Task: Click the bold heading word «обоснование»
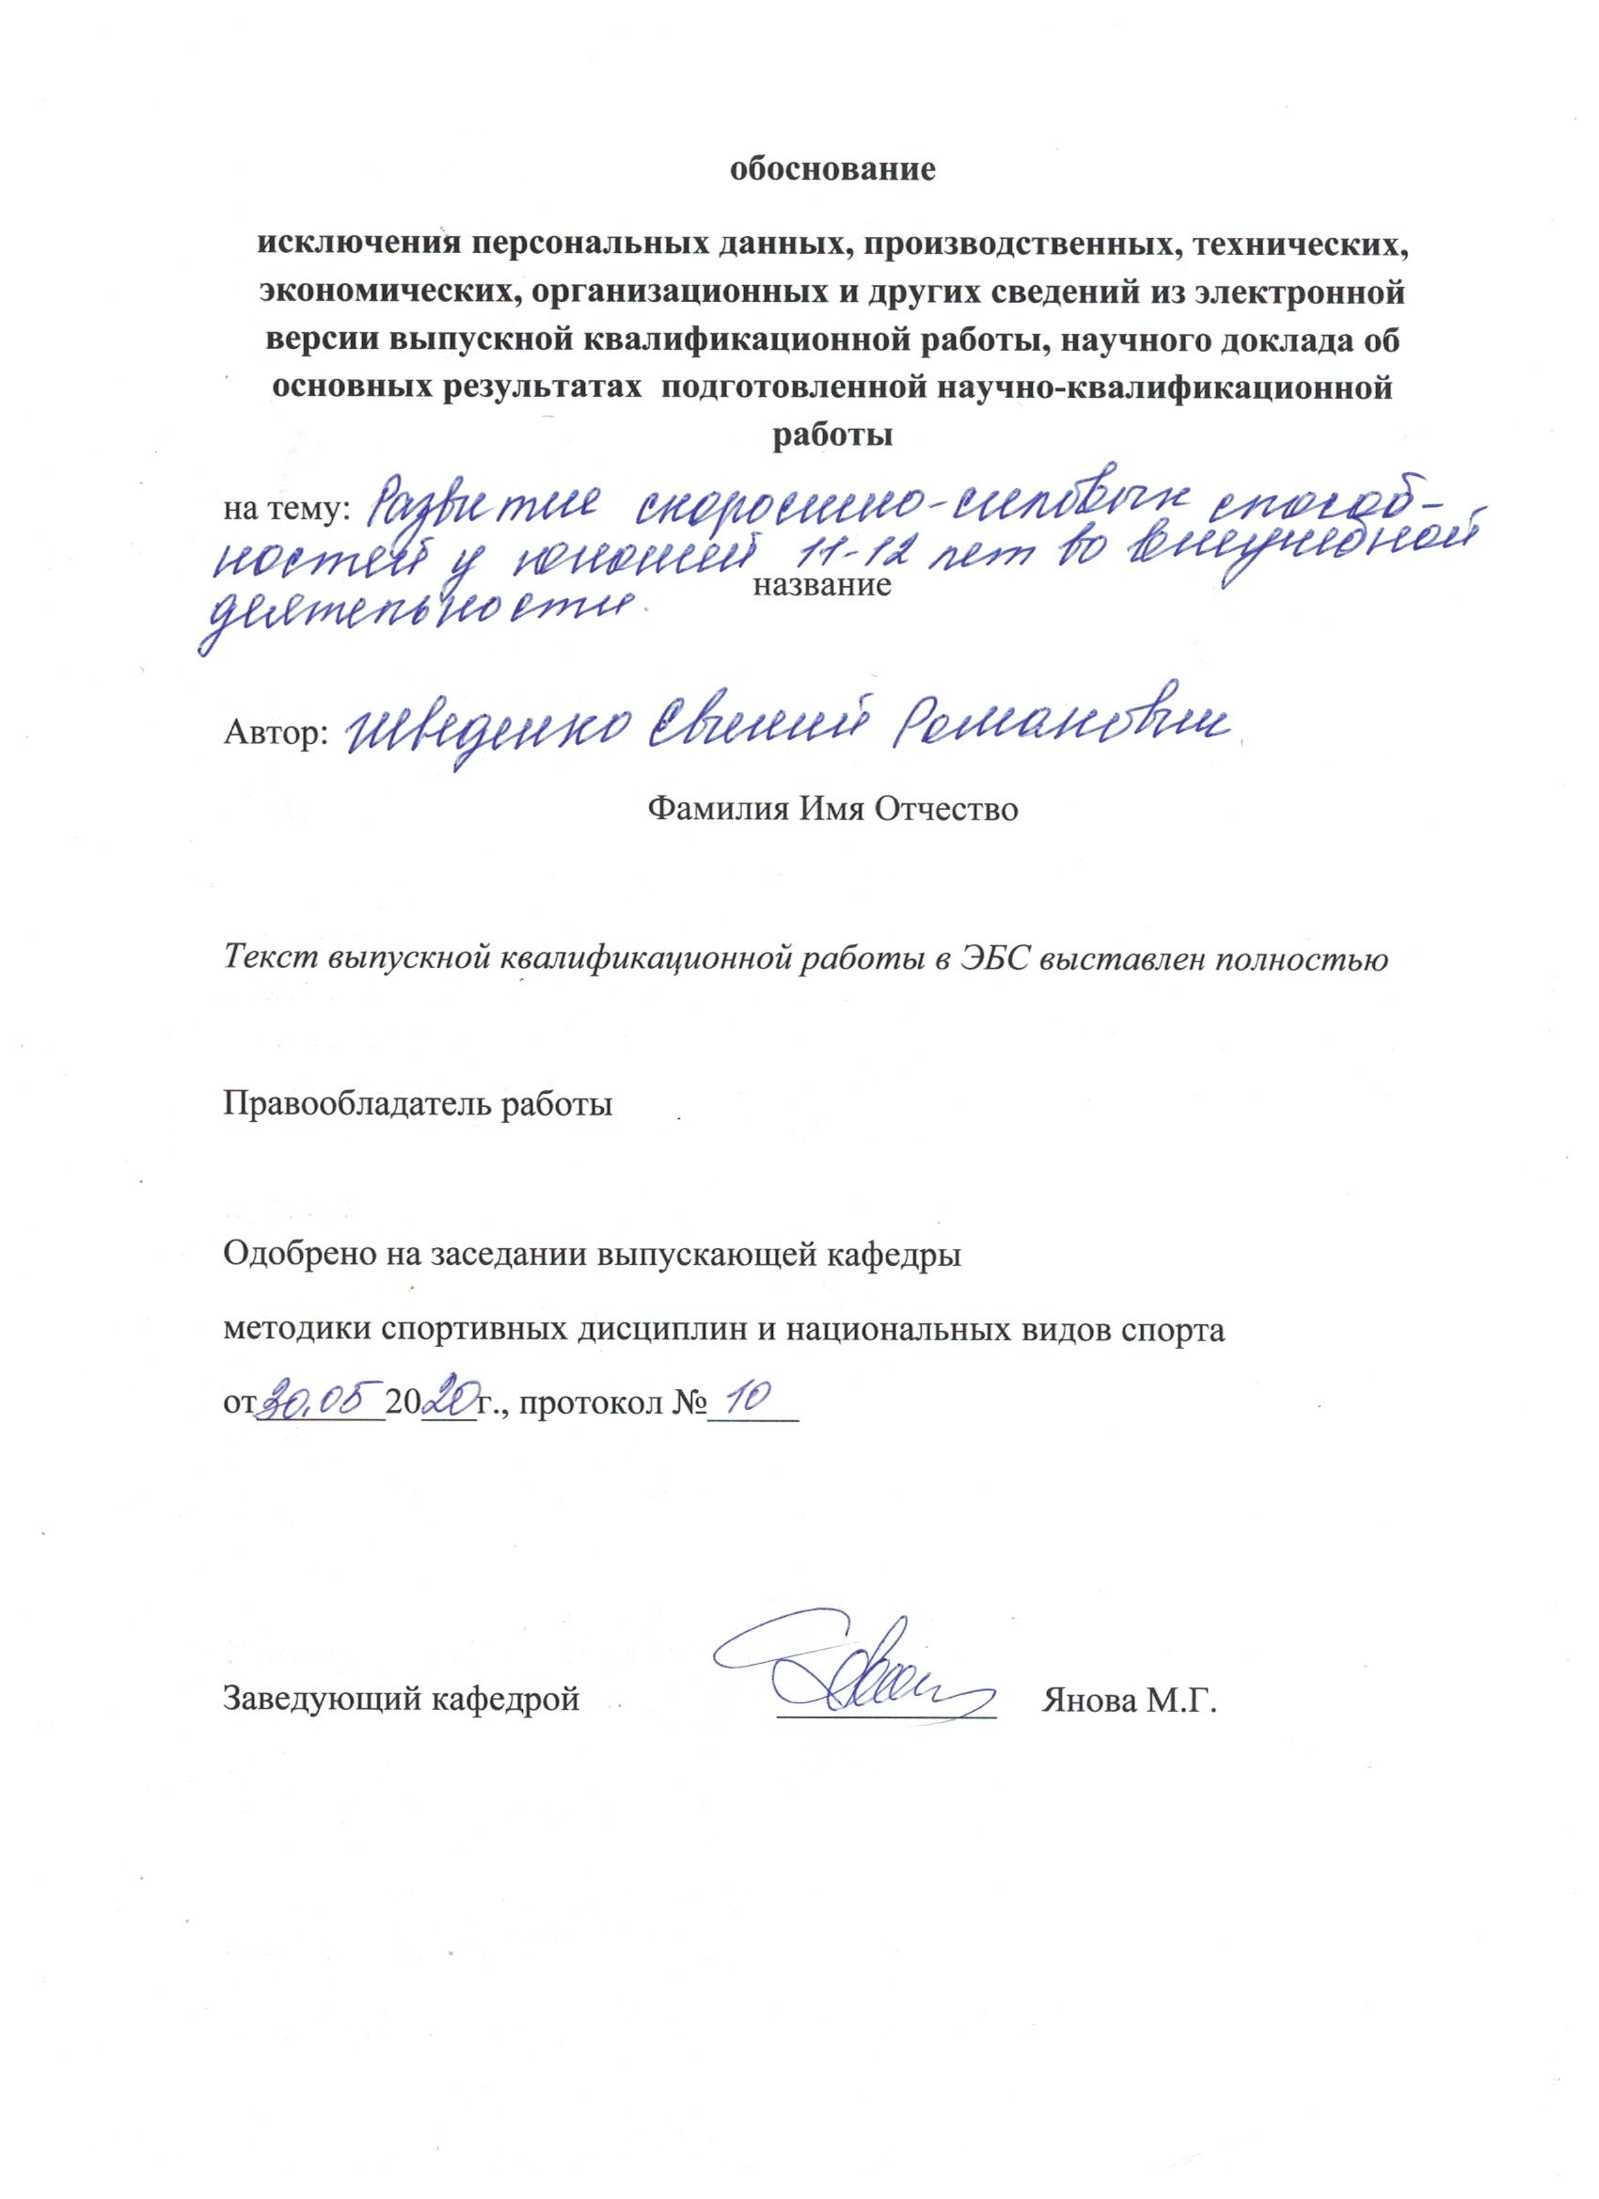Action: click(x=833, y=171)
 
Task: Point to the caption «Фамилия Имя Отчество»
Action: click(x=833, y=807)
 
